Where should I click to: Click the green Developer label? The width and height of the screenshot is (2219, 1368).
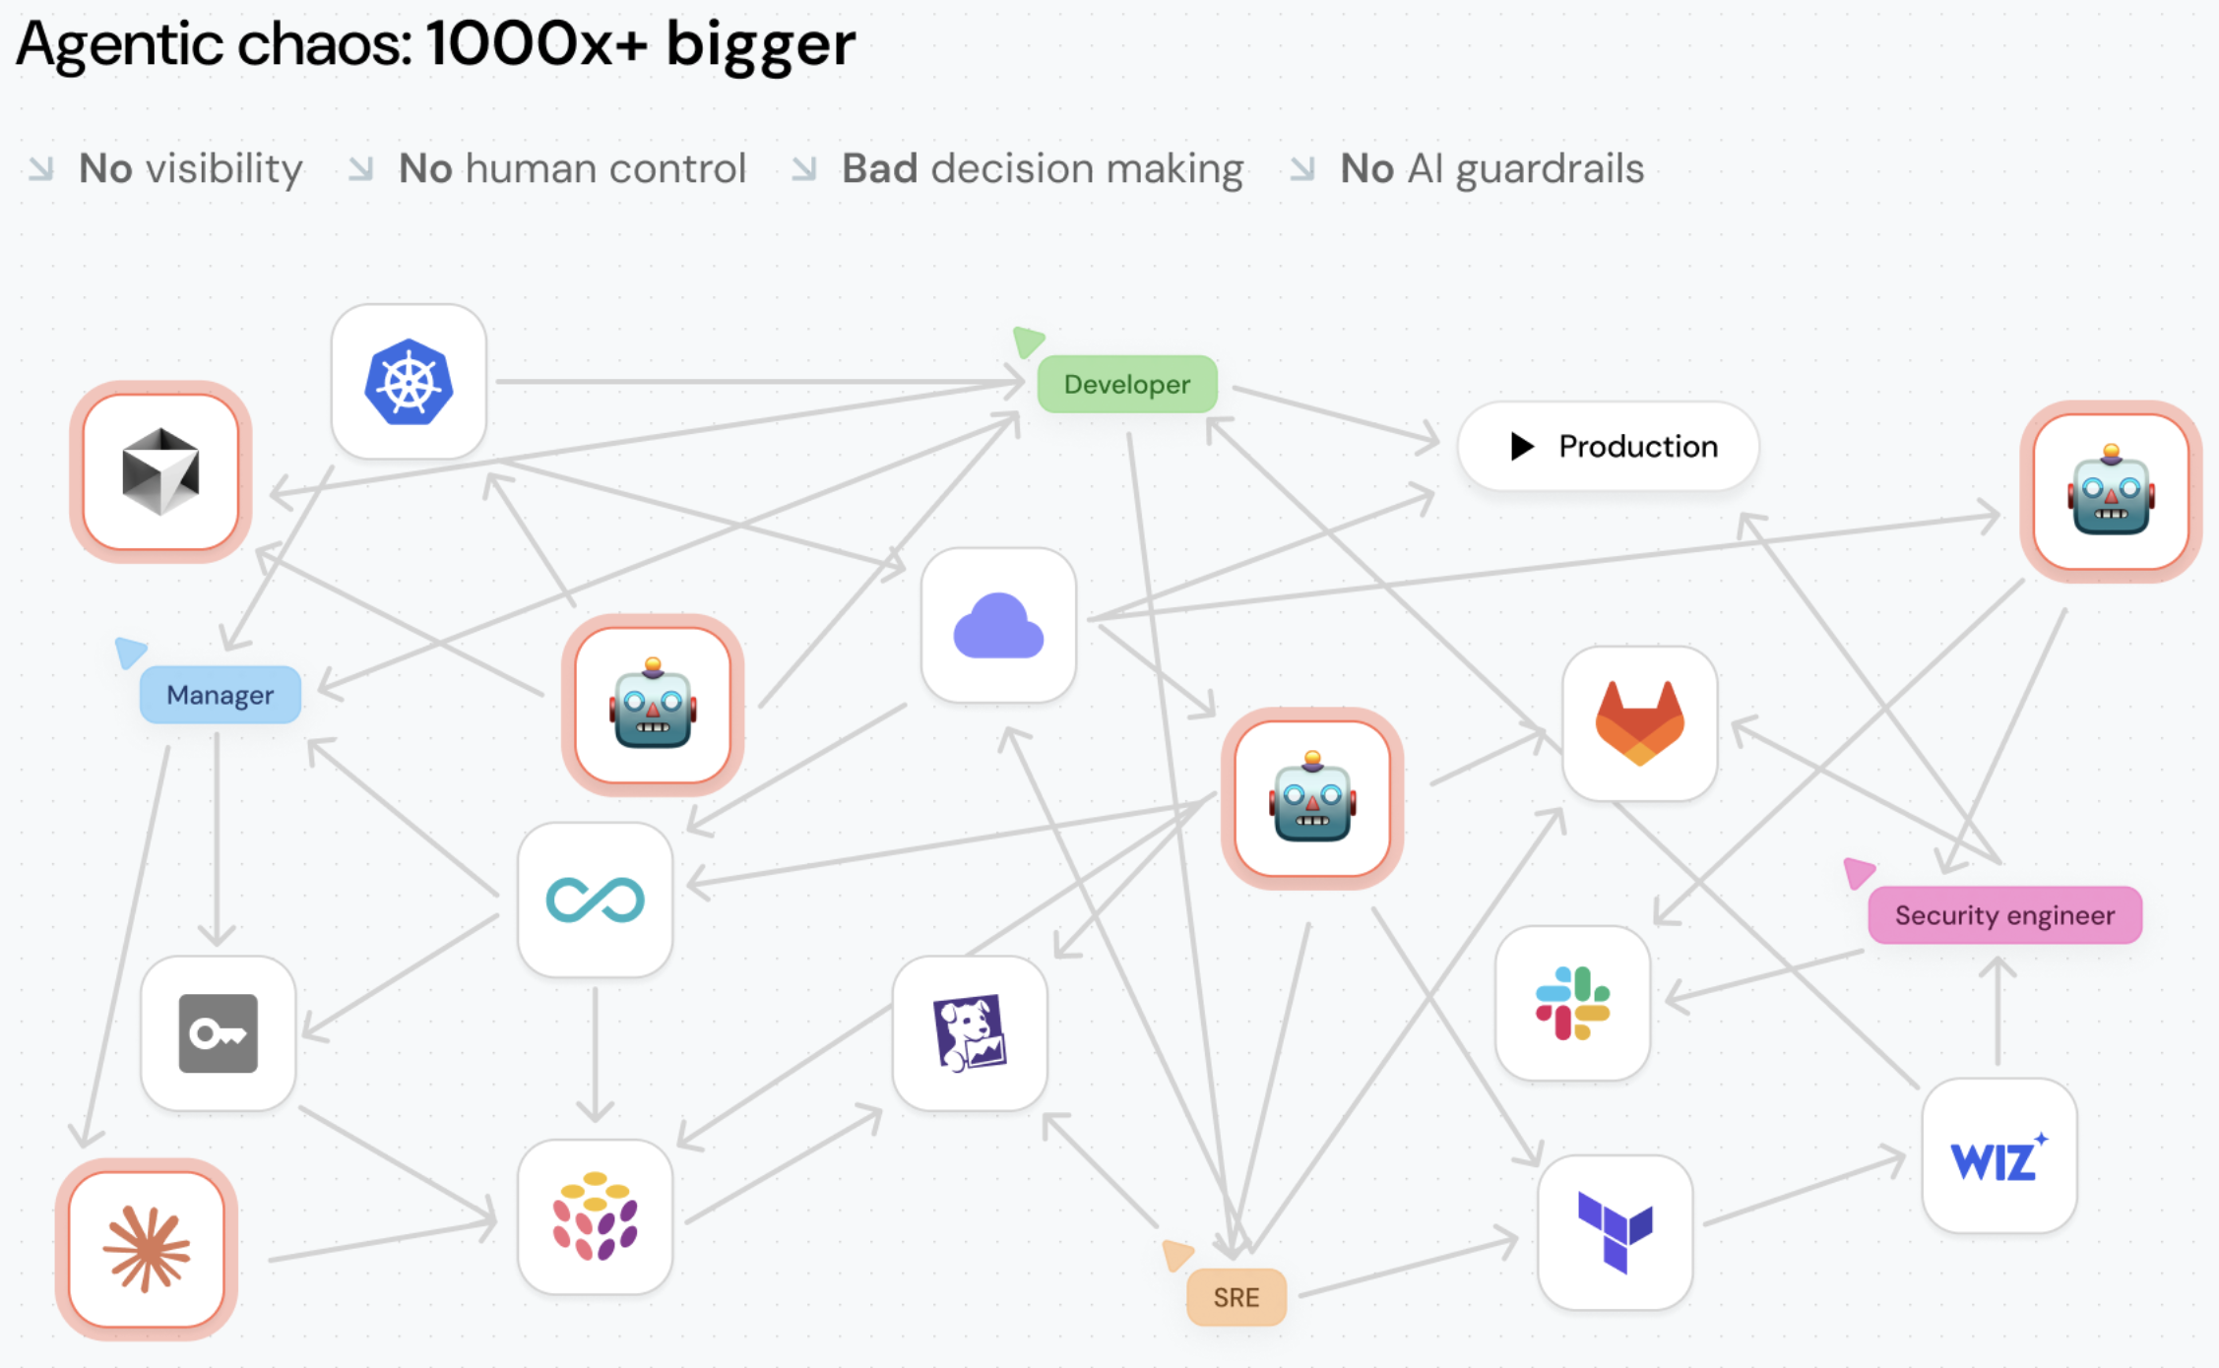pyautogui.click(x=1127, y=384)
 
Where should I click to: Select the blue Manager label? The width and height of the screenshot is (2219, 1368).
pyautogui.click(x=220, y=695)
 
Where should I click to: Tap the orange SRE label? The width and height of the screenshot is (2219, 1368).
pyautogui.click(x=1236, y=1297)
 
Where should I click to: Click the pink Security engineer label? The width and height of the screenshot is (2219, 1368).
pyautogui.click(x=2004, y=915)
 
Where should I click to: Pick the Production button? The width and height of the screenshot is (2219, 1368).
pyautogui.click(x=1609, y=446)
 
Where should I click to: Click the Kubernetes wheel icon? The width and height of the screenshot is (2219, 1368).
pyautogui.click(x=409, y=382)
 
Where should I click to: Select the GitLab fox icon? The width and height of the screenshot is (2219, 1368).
pyautogui.click(x=1640, y=723)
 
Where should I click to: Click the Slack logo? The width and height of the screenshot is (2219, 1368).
pyautogui.click(x=1572, y=1003)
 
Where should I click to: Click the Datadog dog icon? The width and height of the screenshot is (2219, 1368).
pyautogui.click(x=970, y=1032)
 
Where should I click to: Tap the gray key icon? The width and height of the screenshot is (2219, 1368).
pyautogui.click(x=219, y=1033)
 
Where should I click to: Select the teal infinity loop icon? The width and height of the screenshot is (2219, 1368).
pyautogui.click(x=596, y=901)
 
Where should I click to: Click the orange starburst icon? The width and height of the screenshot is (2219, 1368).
pyautogui.click(x=147, y=1250)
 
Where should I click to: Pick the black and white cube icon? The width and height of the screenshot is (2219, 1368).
pyautogui.click(x=160, y=471)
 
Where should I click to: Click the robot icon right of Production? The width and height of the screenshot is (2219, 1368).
pyautogui.click(x=2111, y=490)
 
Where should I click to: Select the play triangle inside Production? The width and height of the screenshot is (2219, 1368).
pyautogui.click(x=1522, y=446)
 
